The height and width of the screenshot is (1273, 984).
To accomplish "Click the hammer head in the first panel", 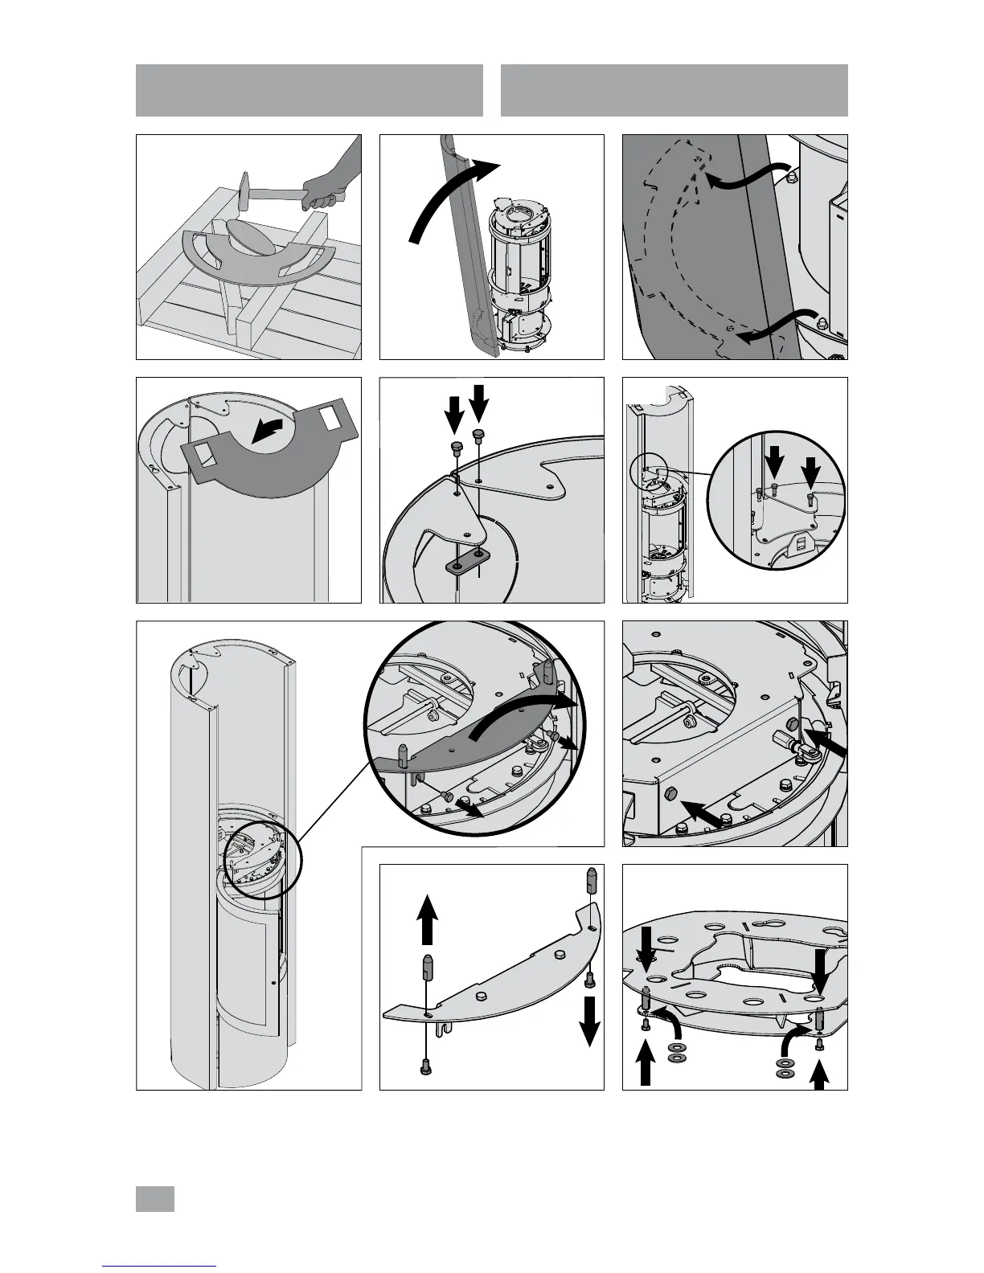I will coord(246,194).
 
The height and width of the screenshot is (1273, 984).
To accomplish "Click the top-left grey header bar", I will coord(309,90).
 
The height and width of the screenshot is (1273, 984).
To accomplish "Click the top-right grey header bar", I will coord(674,90).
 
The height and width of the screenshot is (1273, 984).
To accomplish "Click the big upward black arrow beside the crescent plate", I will coord(428,920).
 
